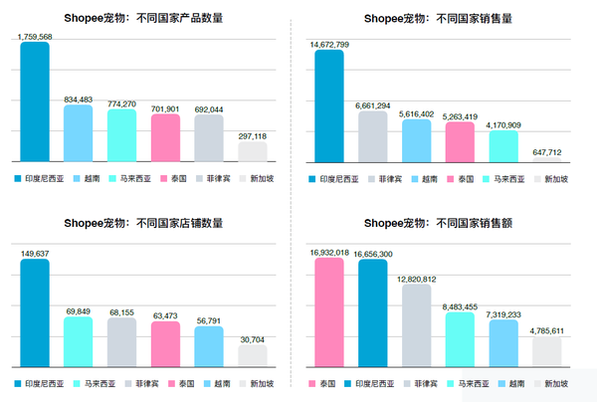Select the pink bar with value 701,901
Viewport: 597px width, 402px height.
[165, 137]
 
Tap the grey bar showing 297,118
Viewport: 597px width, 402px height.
[252, 151]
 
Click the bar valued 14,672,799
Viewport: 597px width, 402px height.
[329, 105]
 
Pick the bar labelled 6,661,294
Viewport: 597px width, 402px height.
[373, 136]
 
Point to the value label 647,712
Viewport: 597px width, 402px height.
[547, 152]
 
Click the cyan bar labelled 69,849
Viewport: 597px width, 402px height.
[78, 341]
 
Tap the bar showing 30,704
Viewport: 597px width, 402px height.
[252, 355]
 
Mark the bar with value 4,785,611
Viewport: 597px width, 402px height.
[547, 351]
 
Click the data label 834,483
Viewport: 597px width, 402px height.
[79, 99]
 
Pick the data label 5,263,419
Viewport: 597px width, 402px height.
[460, 115]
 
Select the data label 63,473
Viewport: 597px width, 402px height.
[165, 315]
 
